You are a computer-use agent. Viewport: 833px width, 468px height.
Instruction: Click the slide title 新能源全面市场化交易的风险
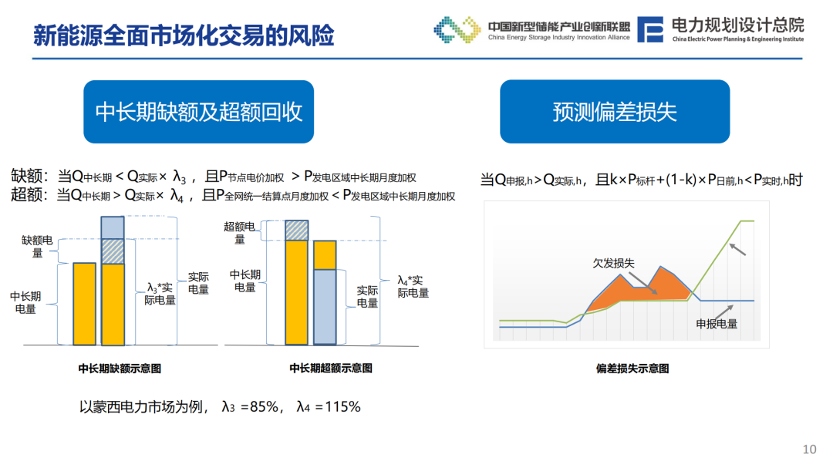pyautogui.click(x=184, y=35)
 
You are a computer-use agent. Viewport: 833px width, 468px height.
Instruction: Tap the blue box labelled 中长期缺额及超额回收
pyautogui.click(x=199, y=112)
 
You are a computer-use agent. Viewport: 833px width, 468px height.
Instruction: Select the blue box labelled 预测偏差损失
pyautogui.click(x=615, y=112)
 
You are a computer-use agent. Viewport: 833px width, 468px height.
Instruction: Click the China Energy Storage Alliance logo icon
pyautogui.click(x=457, y=29)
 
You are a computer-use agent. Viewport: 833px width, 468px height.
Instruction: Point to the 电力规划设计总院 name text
pyautogui.click(x=737, y=25)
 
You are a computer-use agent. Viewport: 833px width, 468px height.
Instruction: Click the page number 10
pyautogui.click(x=809, y=449)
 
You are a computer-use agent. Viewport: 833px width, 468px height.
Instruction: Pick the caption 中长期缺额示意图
pyautogui.click(x=120, y=368)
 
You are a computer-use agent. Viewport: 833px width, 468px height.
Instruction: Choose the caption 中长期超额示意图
pyautogui.click(x=330, y=368)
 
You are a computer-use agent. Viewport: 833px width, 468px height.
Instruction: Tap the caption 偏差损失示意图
pyautogui.click(x=632, y=368)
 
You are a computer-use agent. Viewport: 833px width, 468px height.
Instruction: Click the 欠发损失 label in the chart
pyautogui.click(x=614, y=264)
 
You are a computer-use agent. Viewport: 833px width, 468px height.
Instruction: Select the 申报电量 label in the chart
pyautogui.click(x=717, y=324)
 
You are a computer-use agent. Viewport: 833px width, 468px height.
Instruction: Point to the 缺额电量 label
pyautogui.click(x=37, y=247)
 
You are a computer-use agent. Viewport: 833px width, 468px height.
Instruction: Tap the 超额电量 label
pyautogui.click(x=239, y=233)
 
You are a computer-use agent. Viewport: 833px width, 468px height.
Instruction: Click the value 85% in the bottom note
pyautogui.click(x=264, y=407)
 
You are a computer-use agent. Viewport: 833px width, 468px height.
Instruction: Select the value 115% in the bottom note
pyautogui.click(x=342, y=407)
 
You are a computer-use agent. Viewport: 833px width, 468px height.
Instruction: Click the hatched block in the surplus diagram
pyautogui.click(x=296, y=230)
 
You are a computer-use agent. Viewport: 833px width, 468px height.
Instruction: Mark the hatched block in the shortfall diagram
pyautogui.click(x=113, y=251)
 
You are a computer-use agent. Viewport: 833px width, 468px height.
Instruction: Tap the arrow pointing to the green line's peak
pyautogui.click(x=737, y=249)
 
